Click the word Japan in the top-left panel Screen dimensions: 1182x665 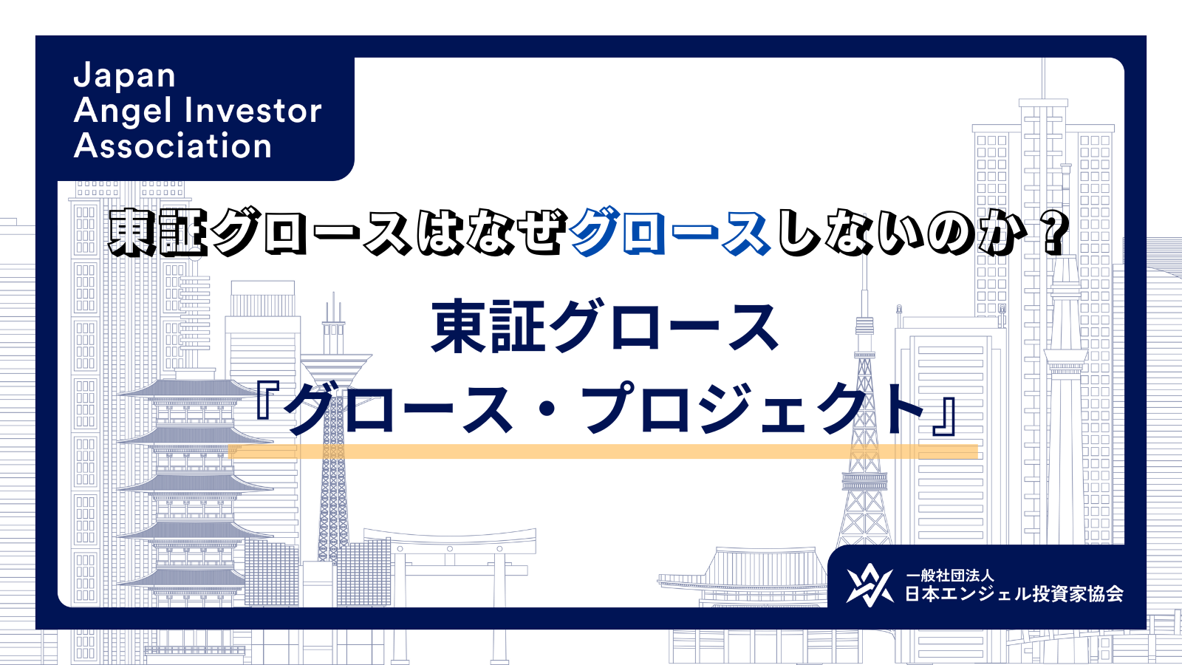pos(125,75)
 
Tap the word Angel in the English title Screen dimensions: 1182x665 pos(123,112)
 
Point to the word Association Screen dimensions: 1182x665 pos(173,146)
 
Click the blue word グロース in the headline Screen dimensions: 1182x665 pos(669,233)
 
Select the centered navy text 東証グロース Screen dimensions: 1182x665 pos(605,327)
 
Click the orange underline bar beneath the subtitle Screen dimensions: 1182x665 pos(603,451)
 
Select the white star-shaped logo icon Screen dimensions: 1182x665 pos(869,584)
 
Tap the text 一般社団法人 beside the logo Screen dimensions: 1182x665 pos(950,576)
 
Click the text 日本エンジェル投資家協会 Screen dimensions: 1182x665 pos(1014,594)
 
